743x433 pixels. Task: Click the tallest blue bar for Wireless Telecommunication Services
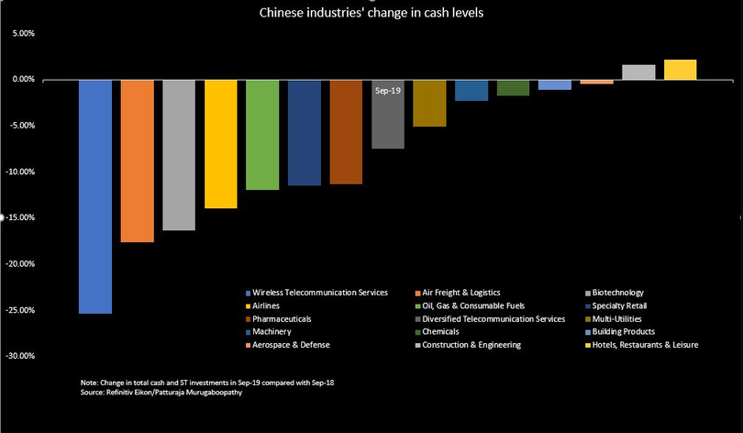95,196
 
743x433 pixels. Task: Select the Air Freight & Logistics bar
138,161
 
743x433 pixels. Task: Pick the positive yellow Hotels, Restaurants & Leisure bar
680,70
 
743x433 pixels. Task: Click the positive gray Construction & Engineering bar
638,72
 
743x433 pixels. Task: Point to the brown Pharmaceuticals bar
346,132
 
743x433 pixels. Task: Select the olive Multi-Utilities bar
429,103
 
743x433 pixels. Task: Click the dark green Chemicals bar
513,88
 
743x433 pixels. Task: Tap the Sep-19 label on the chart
388,91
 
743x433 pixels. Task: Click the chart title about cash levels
371,12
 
